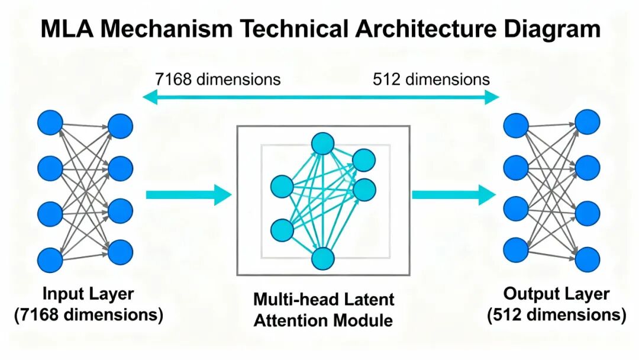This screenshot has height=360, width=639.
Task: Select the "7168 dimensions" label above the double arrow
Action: (218, 79)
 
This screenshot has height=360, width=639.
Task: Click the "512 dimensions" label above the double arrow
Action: (431, 79)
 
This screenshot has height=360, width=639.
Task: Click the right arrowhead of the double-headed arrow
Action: (492, 97)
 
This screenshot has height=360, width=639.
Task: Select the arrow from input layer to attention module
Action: (188, 195)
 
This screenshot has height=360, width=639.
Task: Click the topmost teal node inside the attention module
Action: (323, 143)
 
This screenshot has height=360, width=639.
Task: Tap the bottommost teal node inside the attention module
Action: (323, 259)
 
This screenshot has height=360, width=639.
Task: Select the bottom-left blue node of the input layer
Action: (50, 259)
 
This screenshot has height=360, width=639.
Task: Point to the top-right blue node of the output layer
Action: (588, 121)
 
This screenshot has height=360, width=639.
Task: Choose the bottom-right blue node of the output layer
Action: (588, 259)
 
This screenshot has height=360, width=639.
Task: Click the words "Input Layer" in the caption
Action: (88, 294)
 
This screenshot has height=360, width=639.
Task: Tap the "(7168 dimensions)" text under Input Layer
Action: (88, 314)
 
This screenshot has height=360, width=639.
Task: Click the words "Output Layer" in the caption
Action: (556, 294)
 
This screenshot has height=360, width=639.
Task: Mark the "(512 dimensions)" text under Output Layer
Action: (556, 315)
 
